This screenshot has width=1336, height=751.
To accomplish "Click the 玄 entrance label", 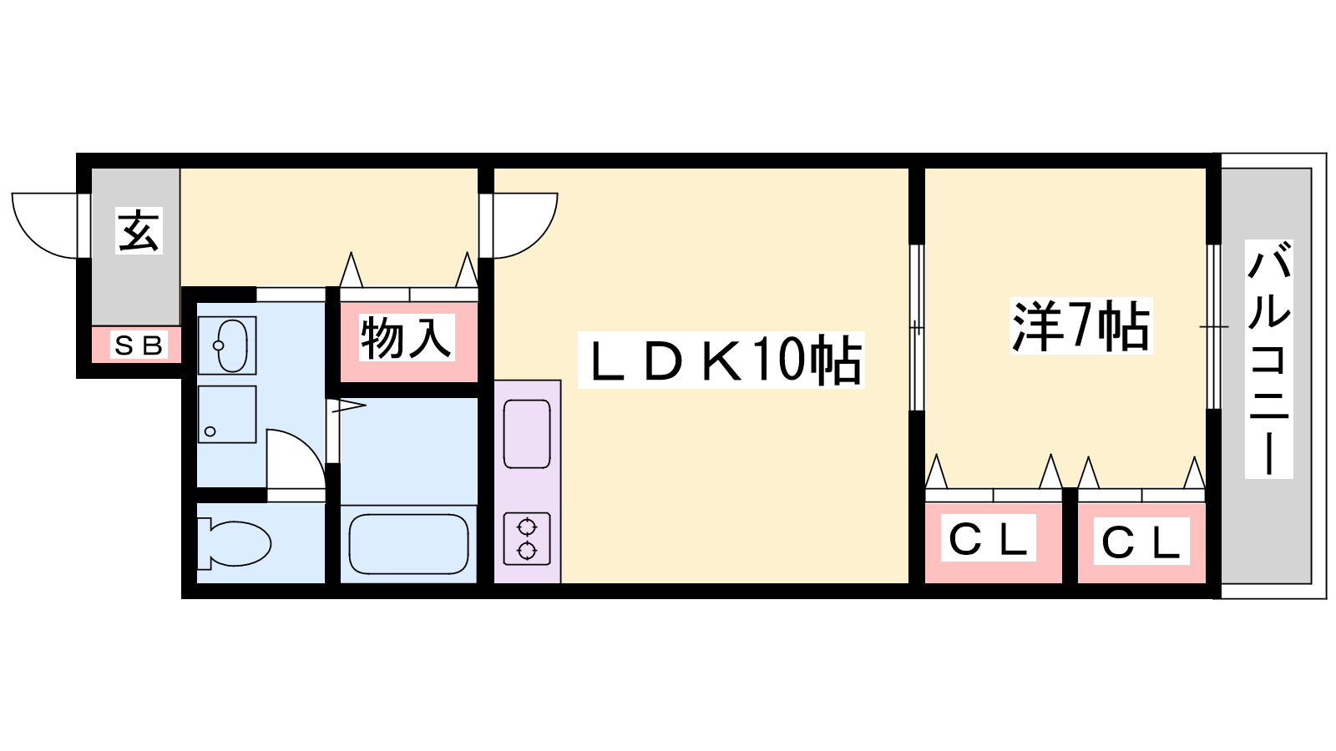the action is pyautogui.click(x=139, y=230).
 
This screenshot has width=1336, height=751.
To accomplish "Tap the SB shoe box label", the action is pyautogui.click(x=139, y=345).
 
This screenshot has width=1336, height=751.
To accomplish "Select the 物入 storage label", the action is pyautogui.click(x=406, y=338).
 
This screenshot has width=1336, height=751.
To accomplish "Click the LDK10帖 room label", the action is pyautogui.click(x=721, y=360).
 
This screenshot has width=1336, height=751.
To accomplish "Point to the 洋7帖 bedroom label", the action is pyautogui.click(x=1080, y=326).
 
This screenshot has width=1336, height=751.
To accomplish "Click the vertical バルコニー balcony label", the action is pyautogui.click(x=1268, y=359).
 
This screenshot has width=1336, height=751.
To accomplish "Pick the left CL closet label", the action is pyautogui.click(x=989, y=537).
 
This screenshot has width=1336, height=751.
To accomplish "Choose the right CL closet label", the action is pyautogui.click(x=1141, y=542).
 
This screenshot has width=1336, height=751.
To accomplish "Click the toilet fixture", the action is pyautogui.click(x=234, y=543).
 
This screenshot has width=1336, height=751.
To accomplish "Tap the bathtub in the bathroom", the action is pyautogui.click(x=408, y=544).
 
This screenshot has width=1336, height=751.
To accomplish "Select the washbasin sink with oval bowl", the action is pyautogui.click(x=227, y=345).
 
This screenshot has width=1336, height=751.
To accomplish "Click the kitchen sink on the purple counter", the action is pyautogui.click(x=527, y=434).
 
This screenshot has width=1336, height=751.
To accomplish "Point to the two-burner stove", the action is pyautogui.click(x=527, y=538).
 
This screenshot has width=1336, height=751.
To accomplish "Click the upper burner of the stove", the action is pyautogui.click(x=527, y=527).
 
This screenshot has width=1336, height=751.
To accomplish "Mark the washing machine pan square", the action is pyautogui.click(x=227, y=414).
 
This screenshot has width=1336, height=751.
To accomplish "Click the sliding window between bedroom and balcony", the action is pyautogui.click(x=1214, y=326).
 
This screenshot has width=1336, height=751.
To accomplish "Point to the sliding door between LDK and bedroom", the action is pyautogui.click(x=917, y=327).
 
